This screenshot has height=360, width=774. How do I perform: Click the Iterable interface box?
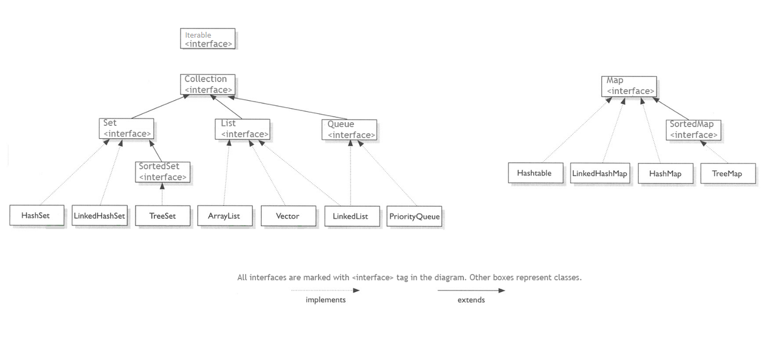pos(207,39)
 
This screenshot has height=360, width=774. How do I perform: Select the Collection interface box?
pos(209,84)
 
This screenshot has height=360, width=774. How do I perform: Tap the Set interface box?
pos(127,128)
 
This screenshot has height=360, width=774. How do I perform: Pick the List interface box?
pos(242,129)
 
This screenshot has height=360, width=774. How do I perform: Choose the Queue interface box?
pos(349,129)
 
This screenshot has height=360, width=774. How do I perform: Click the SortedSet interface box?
pos(162,171)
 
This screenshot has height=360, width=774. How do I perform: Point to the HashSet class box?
pos(36,216)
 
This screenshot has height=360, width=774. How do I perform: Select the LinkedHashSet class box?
pos(99,216)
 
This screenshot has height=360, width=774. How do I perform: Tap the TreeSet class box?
pos(162,216)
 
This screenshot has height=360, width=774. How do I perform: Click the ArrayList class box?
pos(225,216)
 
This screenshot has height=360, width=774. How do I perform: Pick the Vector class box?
pos(288,216)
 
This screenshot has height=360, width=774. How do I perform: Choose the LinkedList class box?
pos(351,216)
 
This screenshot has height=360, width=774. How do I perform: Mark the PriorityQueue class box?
pos(414,216)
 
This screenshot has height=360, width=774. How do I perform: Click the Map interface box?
pos(629,86)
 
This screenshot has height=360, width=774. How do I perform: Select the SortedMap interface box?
pos(693,129)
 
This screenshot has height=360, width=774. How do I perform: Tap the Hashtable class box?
pos(534,173)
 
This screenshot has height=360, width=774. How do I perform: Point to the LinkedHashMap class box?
pos(600,173)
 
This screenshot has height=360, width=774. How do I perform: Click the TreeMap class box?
pos(727,173)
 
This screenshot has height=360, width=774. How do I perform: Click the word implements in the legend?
pos(325,300)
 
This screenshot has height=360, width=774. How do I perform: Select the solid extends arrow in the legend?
pos(471,291)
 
